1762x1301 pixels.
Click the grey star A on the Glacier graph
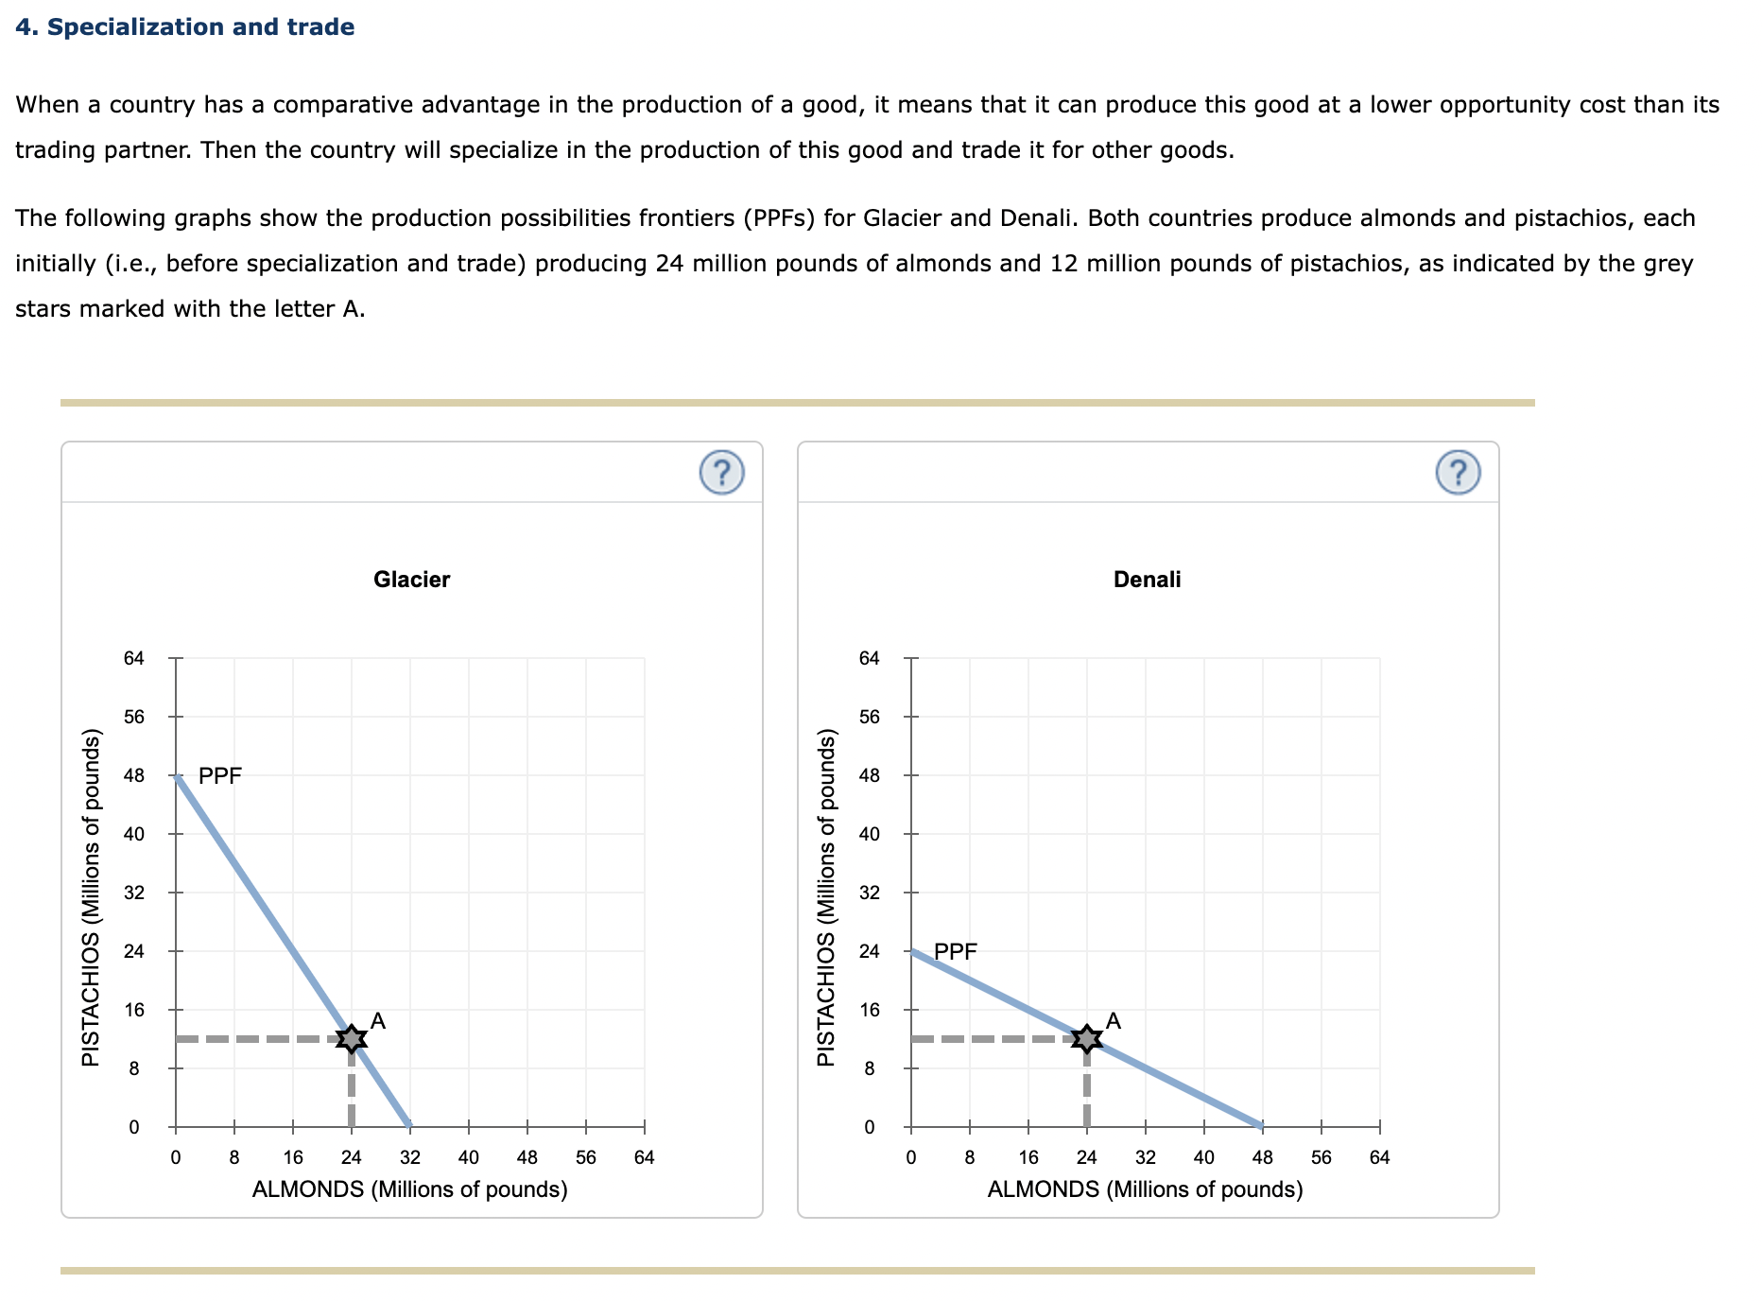(352, 1038)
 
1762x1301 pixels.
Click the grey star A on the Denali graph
(1087, 1038)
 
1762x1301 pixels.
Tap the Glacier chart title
(411, 580)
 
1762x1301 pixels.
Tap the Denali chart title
(1147, 580)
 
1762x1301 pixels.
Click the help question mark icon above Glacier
(722, 472)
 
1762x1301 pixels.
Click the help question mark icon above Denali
(1458, 472)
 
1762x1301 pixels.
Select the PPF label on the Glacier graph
(220, 775)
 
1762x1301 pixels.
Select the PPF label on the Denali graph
(956, 951)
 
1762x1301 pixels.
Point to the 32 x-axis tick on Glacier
(410, 1157)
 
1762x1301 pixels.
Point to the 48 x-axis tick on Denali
(1263, 1157)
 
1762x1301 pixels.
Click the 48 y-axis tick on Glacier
(134, 775)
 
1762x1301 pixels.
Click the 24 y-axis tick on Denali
(870, 951)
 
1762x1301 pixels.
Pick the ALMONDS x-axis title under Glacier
(409, 1189)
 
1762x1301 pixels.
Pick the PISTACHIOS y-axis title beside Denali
(826, 897)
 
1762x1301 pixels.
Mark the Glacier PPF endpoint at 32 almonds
(409, 1126)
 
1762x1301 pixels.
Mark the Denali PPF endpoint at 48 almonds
(1262, 1126)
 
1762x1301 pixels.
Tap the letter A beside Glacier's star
(378, 1020)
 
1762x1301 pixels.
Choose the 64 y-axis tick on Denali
(870, 658)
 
